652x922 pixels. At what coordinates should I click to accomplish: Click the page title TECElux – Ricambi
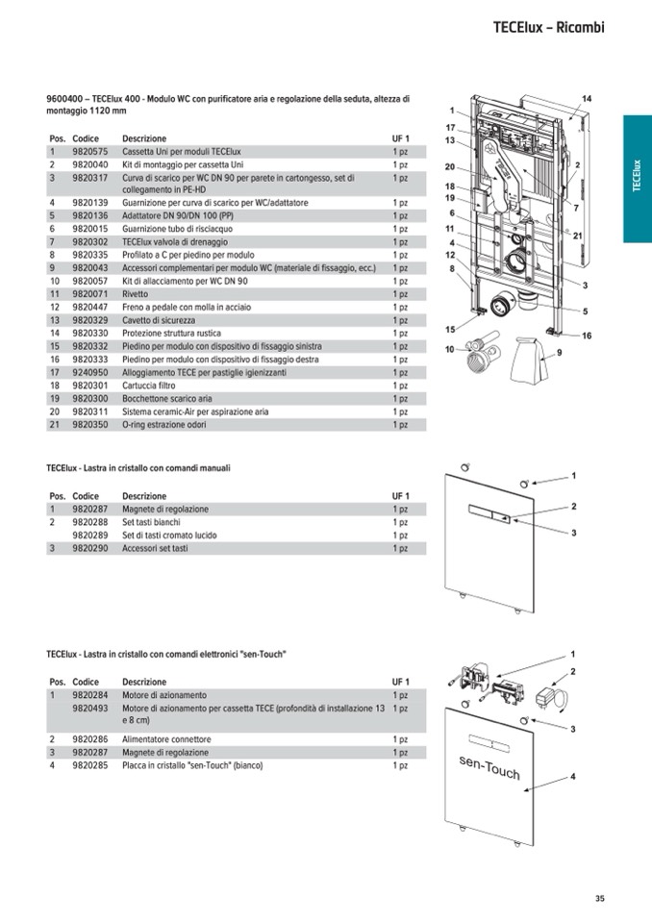[x=548, y=28]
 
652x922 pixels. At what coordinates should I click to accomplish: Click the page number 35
[x=599, y=899]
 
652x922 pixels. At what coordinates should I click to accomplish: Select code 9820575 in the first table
[x=89, y=152]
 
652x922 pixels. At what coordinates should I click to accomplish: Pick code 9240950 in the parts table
[x=89, y=372]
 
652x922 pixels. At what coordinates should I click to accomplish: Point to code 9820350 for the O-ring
[x=89, y=424]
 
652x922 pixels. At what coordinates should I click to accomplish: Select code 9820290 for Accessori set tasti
[x=89, y=548]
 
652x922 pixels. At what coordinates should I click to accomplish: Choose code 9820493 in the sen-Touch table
[x=89, y=708]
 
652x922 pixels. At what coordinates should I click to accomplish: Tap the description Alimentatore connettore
[x=166, y=739]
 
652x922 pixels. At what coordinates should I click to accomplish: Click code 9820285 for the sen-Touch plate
[x=89, y=766]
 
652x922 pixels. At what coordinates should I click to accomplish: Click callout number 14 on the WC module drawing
[x=587, y=99]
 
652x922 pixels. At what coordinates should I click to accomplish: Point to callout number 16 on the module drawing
[x=587, y=336]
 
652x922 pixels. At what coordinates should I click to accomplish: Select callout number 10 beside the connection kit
[x=449, y=350]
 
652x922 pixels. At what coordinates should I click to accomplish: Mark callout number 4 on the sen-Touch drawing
[x=572, y=776]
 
